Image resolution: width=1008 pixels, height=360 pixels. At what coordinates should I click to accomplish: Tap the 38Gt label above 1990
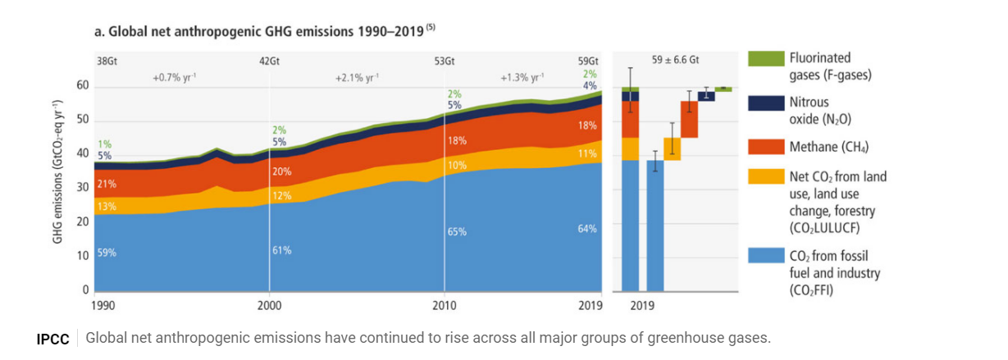[107, 62]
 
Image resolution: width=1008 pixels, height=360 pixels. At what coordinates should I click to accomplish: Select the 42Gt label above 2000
[269, 62]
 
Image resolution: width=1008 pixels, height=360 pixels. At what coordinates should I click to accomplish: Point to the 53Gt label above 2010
[445, 62]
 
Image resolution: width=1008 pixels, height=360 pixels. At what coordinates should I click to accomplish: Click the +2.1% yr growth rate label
[357, 78]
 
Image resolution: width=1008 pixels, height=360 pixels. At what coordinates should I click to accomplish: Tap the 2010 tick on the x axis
[444, 306]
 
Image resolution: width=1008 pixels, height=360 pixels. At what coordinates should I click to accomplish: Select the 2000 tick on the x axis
[269, 306]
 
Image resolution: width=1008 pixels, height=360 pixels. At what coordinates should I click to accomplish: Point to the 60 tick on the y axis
[83, 87]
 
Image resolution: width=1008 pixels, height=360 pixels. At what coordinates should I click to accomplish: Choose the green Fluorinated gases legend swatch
[764, 59]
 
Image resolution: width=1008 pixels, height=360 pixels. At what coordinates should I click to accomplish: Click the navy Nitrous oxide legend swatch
[764, 103]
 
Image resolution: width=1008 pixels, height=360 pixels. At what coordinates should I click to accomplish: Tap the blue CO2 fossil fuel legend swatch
[764, 255]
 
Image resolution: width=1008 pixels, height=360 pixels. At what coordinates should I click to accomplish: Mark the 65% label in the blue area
[457, 232]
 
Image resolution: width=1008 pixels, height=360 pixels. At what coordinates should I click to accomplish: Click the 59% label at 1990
[107, 253]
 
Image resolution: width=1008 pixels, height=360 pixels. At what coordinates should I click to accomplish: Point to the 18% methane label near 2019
[587, 125]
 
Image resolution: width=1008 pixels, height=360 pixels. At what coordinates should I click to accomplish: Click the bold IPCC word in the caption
[53, 339]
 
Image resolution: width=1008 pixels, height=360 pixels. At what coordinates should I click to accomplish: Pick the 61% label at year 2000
[282, 250]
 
